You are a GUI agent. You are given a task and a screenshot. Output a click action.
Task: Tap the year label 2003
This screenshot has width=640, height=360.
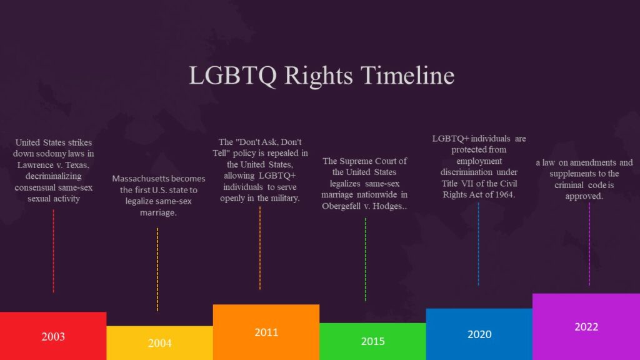click(53, 337)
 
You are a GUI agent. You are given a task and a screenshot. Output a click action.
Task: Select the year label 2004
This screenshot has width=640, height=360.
click(159, 343)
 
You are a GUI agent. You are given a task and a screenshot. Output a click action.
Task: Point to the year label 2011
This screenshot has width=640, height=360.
click(266, 332)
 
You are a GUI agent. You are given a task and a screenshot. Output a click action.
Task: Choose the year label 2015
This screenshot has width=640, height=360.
click(372, 341)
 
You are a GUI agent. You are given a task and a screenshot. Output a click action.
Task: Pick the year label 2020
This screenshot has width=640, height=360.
click(479, 334)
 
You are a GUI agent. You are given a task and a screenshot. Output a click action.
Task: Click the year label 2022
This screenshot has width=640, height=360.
click(586, 327)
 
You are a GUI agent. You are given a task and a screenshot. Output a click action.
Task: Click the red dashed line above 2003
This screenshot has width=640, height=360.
click(53, 250)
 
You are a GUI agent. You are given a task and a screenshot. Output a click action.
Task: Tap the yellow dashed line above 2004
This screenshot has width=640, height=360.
click(157, 269)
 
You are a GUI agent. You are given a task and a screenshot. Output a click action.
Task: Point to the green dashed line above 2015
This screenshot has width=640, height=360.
click(366, 259)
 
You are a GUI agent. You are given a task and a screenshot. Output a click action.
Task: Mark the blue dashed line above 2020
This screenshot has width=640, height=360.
click(479, 244)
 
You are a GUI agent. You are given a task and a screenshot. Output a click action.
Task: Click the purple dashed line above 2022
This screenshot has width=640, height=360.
click(589, 244)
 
